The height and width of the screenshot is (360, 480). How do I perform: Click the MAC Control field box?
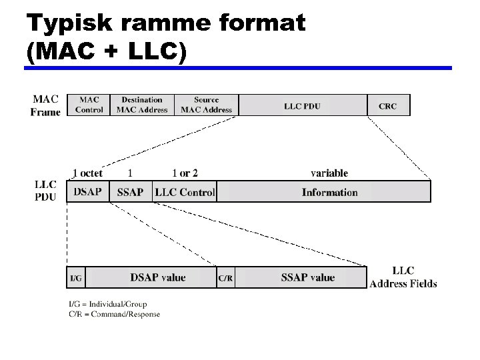[x=89, y=105]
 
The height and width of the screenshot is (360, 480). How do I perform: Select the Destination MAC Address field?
[x=142, y=105]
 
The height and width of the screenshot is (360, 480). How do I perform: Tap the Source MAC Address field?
[x=207, y=105]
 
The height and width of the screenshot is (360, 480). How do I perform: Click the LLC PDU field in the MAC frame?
[x=302, y=105]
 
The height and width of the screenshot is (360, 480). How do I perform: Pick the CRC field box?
[x=388, y=105]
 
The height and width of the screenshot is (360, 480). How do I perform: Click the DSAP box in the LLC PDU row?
[x=87, y=192]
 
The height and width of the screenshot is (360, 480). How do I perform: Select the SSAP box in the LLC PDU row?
[x=130, y=192]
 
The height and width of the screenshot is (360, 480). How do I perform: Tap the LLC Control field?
[x=185, y=192]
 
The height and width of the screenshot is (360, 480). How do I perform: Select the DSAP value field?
[x=157, y=277]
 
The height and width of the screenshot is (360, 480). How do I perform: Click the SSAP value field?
[x=307, y=277]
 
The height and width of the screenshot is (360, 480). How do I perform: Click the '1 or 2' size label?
[x=185, y=173]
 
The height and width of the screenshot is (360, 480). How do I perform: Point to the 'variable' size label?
[x=329, y=173]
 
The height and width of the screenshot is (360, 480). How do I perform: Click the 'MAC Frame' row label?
[x=45, y=105]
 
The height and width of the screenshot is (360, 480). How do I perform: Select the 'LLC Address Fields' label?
[x=403, y=277]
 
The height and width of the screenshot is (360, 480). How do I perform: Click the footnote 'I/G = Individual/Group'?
[x=108, y=305]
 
